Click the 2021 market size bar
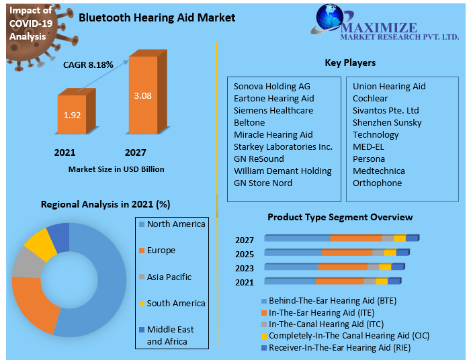72,115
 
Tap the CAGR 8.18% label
88,65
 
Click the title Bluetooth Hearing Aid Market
157,17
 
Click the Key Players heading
350,62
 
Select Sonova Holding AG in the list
272,86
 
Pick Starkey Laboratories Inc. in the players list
283,146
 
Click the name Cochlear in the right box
370,98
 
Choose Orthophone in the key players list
377,183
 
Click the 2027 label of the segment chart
245,240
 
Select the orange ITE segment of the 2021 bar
339,281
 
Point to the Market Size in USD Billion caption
116,169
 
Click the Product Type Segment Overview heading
340,217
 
